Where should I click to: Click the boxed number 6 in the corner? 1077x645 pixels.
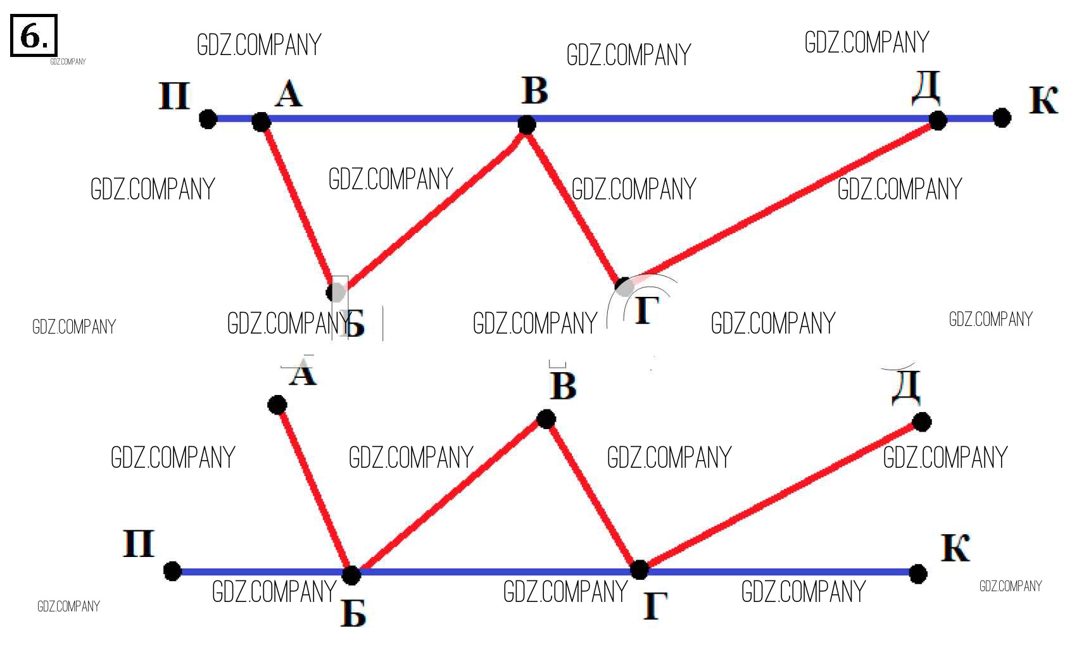[x=34, y=36]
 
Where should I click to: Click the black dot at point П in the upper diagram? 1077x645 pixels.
[x=208, y=118]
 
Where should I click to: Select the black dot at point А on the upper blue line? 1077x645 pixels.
[x=261, y=121]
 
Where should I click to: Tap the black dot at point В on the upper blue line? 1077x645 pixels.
[x=526, y=124]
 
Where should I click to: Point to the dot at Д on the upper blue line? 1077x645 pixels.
[x=937, y=120]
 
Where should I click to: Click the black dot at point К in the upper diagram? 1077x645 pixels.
[x=1001, y=117]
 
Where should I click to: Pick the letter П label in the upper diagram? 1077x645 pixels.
[x=174, y=96]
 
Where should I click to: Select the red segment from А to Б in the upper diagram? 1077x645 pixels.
[x=298, y=206]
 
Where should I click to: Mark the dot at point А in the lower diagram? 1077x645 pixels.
[x=277, y=404]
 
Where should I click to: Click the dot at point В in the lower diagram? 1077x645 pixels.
[x=546, y=418]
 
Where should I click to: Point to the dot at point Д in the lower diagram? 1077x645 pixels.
[x=921, y=422]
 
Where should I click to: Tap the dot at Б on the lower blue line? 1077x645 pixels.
[x=351, y=575]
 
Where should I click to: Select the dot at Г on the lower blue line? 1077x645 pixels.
[x=639, y=569]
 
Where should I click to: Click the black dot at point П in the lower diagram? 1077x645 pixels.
[x=172, y=571]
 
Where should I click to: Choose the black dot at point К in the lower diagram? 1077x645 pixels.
[x=917, y=573]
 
